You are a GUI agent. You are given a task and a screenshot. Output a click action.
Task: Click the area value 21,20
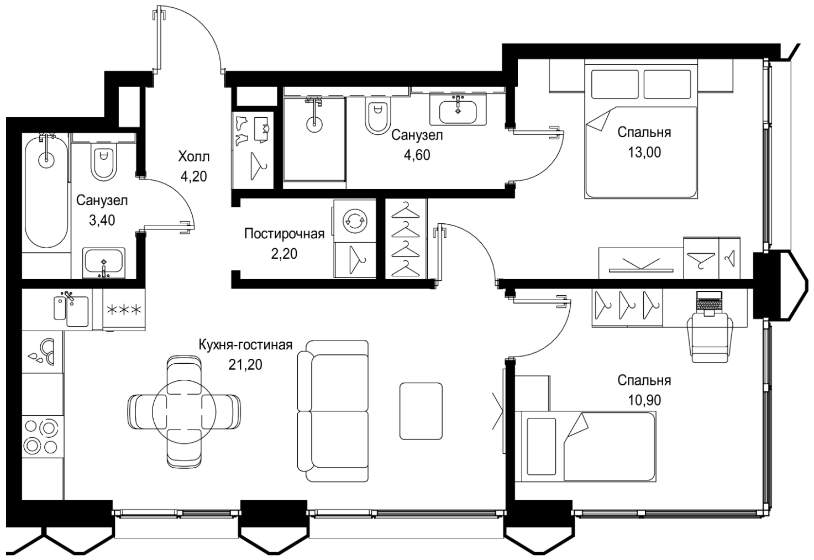click(245, 364)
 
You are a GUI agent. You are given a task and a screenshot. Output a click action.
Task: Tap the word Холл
click(193, 157)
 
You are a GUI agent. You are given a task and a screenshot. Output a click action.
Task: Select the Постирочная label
click(284, 234)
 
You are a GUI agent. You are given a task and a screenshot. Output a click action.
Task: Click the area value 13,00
click(644, 152)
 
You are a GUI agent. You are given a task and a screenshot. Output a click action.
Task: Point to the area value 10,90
click(644, 400)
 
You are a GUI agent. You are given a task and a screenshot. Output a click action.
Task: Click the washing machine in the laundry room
click(355, 221)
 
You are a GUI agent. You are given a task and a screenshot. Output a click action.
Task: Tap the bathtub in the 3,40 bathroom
click(46, 191)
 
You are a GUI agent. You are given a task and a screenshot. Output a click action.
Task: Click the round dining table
click(184, 412)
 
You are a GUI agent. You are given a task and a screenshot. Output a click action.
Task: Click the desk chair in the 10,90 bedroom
click(710, 338)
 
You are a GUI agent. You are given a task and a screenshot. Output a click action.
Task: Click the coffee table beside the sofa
click(421, 411)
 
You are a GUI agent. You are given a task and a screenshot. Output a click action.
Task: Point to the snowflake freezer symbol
click(124, 310)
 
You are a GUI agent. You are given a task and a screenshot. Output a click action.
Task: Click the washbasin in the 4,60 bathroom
click(458, 111)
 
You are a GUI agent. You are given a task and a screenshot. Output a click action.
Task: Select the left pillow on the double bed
click(615, 84)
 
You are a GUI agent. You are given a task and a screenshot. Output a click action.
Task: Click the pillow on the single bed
click(541, 447)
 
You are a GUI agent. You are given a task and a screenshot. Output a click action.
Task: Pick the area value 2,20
click(284, 253)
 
